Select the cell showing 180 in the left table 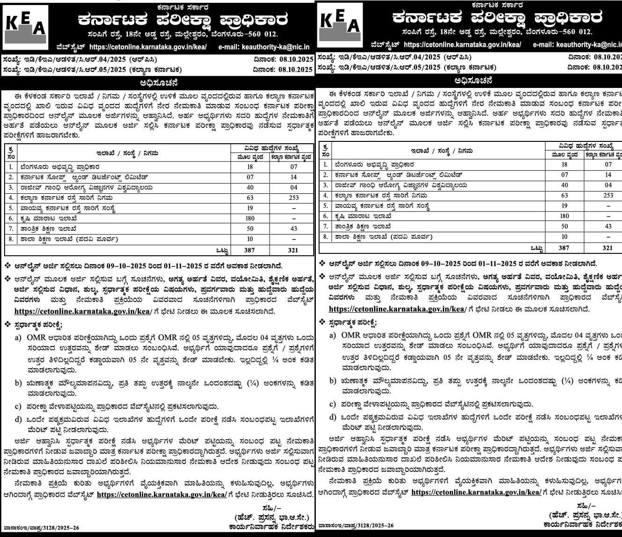(x=250, y=218)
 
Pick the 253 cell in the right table (x=608, y=196)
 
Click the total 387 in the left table (x=249, y=250)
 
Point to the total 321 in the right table (x=607, y=248)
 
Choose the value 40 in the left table (x=250, y=188)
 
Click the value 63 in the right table (x=564, y=196)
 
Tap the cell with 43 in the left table (x=293, y=228)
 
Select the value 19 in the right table (x=564, y=206)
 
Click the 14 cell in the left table (x=293, y=177)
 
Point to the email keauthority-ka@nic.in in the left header (x=276, y=47)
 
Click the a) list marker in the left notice (x=18, y=338)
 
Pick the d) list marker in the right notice (x=332, y=417)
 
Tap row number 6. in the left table (x=11, y=219)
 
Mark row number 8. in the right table (x=325, y=237)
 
